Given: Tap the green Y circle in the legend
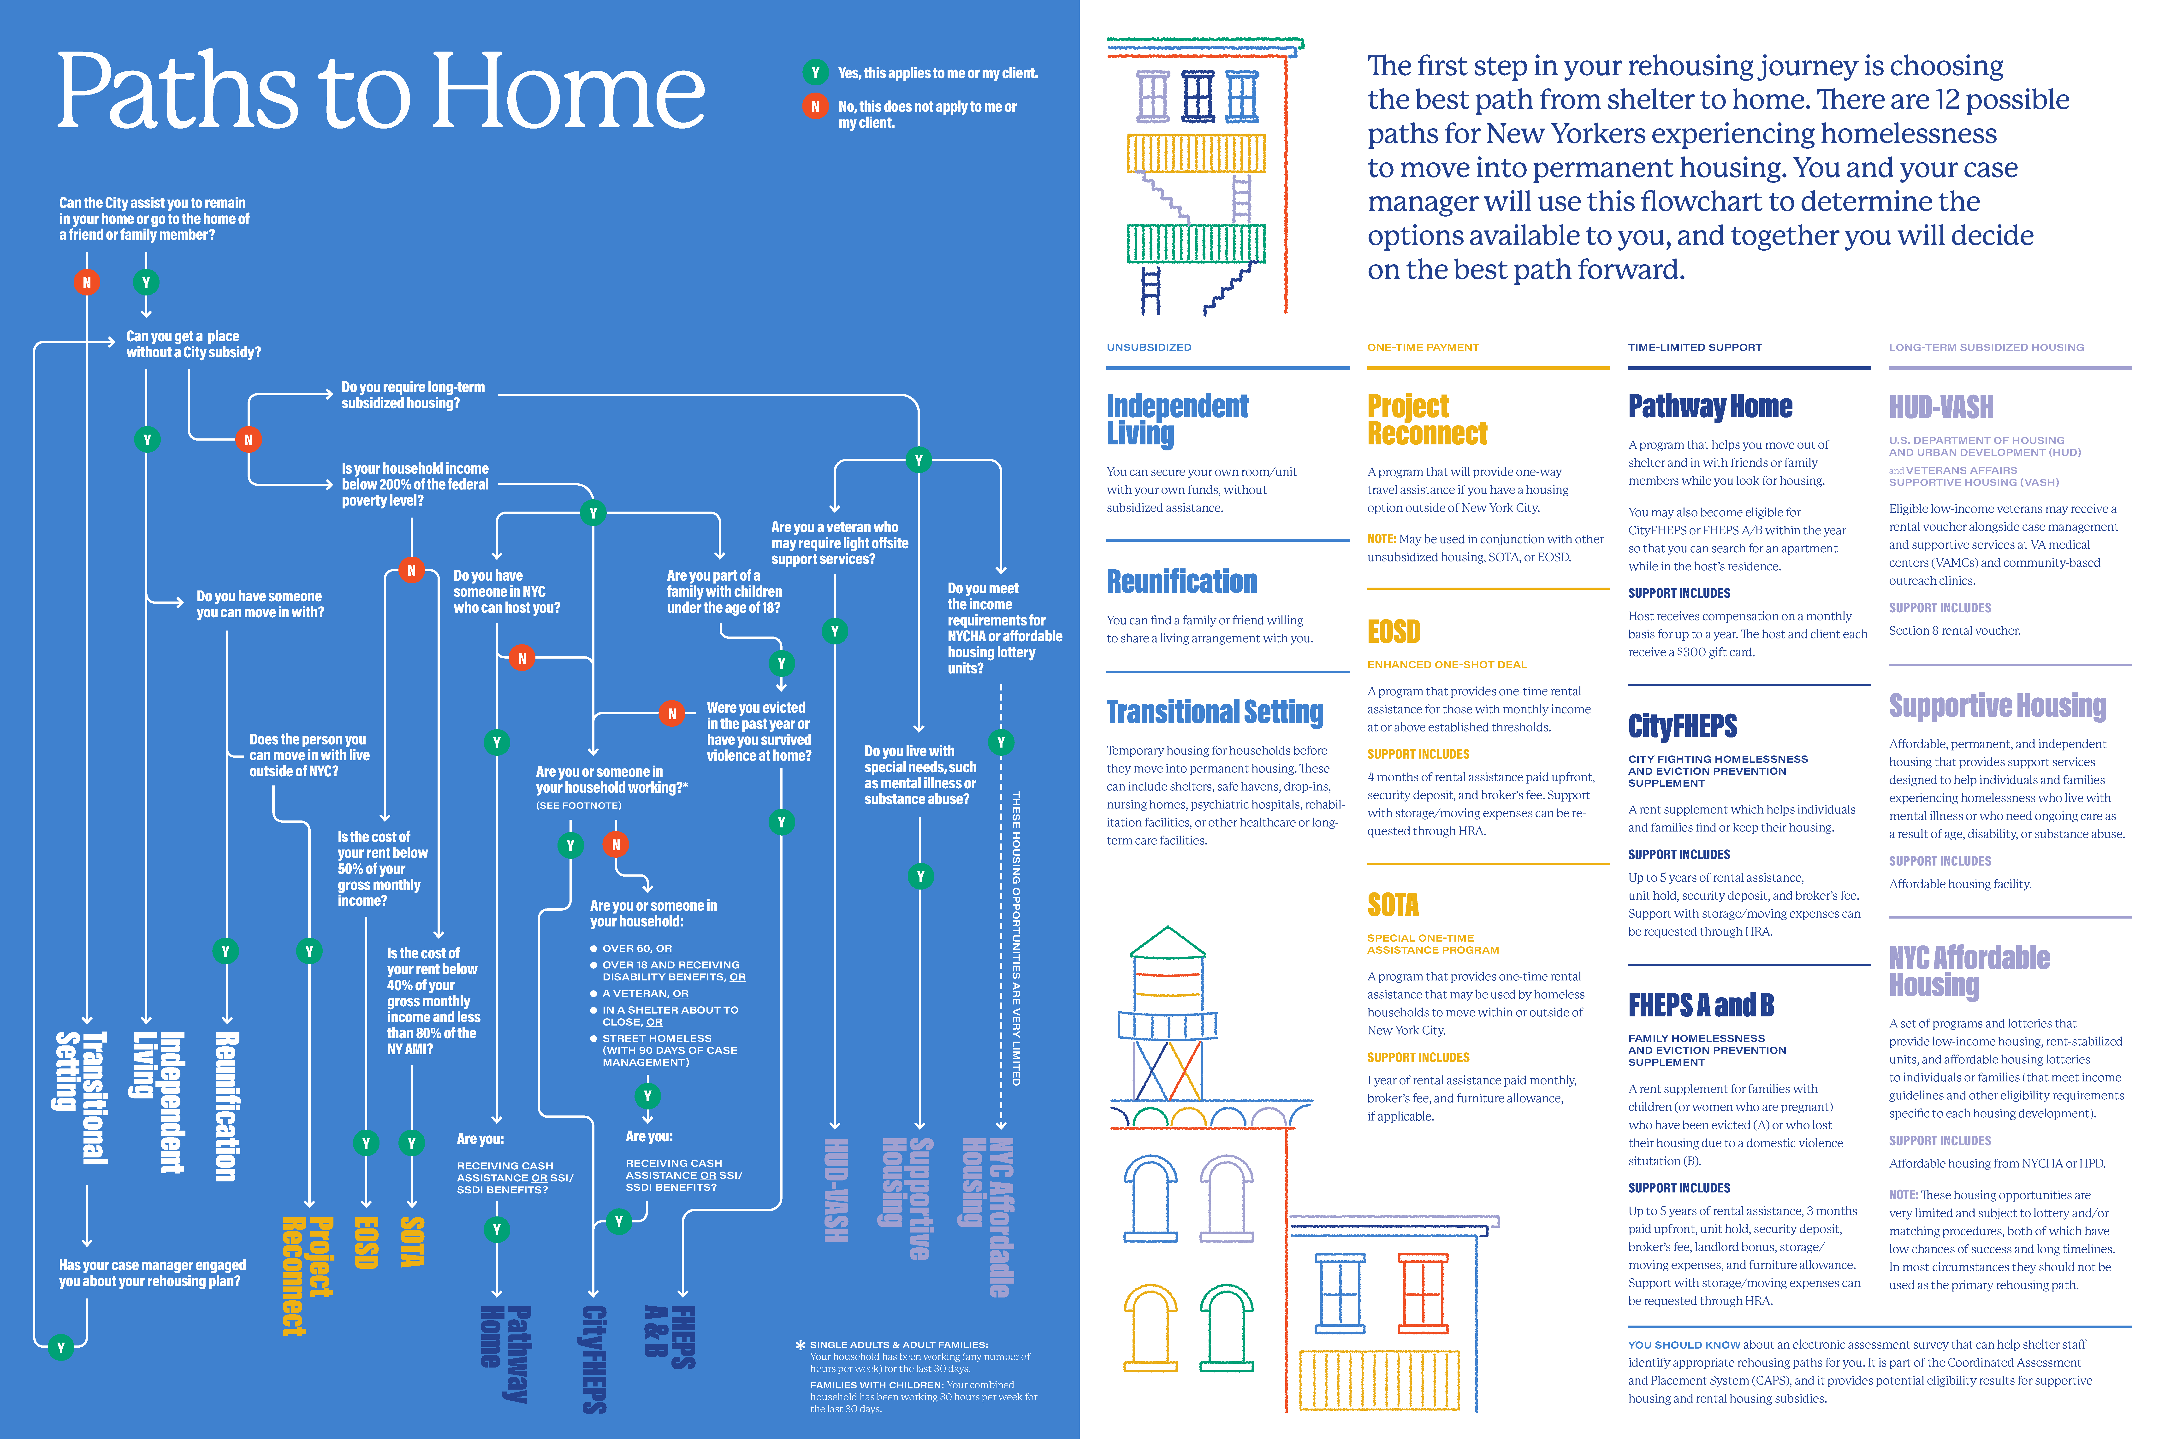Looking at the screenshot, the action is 815,72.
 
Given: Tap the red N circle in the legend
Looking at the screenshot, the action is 815,106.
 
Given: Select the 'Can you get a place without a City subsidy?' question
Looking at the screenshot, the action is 194,344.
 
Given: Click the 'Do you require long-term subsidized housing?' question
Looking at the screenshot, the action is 413,395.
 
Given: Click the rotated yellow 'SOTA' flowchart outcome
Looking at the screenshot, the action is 412,1242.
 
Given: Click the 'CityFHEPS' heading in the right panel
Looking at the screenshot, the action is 1683,726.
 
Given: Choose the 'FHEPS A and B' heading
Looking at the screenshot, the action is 1701,1005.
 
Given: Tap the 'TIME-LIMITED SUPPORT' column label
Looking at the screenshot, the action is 1695,347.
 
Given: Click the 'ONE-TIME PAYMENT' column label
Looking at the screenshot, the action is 1423,347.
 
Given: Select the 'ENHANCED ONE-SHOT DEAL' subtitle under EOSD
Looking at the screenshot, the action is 1447,664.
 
